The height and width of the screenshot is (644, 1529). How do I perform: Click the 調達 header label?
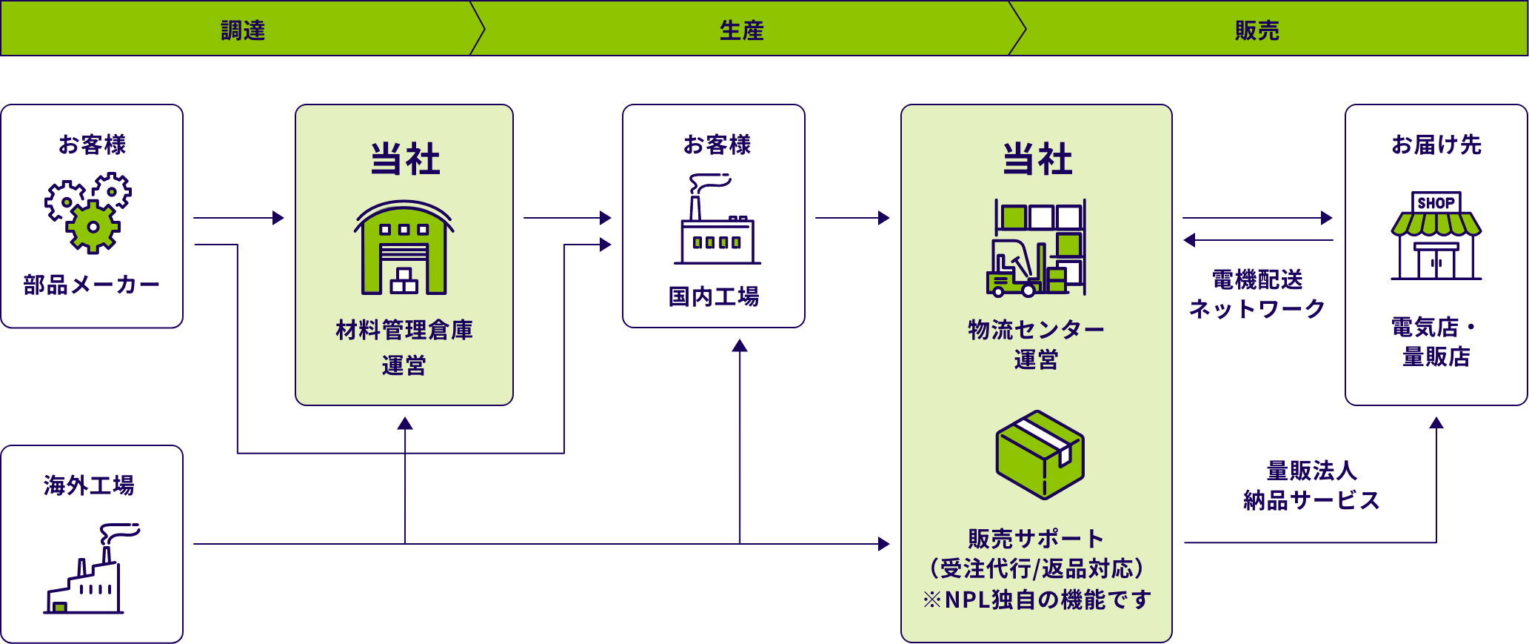point(243,30)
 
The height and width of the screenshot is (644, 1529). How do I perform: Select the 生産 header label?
point(741,30)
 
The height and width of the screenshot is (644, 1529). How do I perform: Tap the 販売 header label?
point(1257,30)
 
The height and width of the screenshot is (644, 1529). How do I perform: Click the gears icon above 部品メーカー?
point(89,213)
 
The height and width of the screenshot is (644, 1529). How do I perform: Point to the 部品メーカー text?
point(91,285)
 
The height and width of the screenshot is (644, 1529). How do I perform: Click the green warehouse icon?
point(404,248)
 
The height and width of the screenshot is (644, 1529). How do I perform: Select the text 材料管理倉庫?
point(404,330)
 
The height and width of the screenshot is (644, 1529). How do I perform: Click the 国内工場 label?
point(714,296)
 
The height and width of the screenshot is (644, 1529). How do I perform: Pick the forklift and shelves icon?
point(1036,248)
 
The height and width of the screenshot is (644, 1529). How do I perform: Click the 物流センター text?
point(1036,330)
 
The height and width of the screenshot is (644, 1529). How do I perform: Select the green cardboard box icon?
point(1040,454)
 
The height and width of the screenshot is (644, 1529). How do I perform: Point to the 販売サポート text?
point(1035,539)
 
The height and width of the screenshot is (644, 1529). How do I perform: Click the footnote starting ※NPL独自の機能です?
point(1036,599)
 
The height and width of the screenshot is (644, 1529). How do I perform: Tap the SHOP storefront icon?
point(1436,236)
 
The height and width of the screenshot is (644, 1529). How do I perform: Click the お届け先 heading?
point(1436,145)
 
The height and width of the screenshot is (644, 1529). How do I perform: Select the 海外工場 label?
point(89,485)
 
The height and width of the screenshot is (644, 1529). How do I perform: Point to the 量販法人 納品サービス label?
point(1311,485)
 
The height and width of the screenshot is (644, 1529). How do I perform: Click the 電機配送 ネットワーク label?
point(1257,294)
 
